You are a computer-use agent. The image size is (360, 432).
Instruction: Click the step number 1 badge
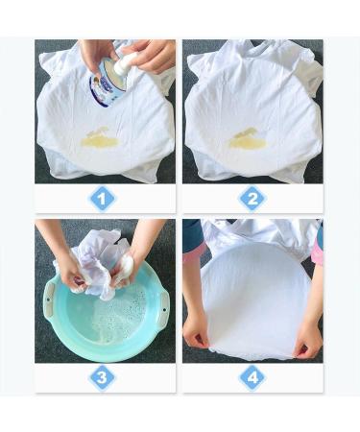pos(103,199)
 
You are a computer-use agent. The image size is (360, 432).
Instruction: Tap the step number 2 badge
pos(252,199)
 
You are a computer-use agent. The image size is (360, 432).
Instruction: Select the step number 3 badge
pos(103,376)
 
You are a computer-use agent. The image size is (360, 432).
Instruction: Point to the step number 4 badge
pos(252,376)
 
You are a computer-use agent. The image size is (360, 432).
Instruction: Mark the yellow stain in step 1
pos(99,141)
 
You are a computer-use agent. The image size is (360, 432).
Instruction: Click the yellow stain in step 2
pos(248,141)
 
